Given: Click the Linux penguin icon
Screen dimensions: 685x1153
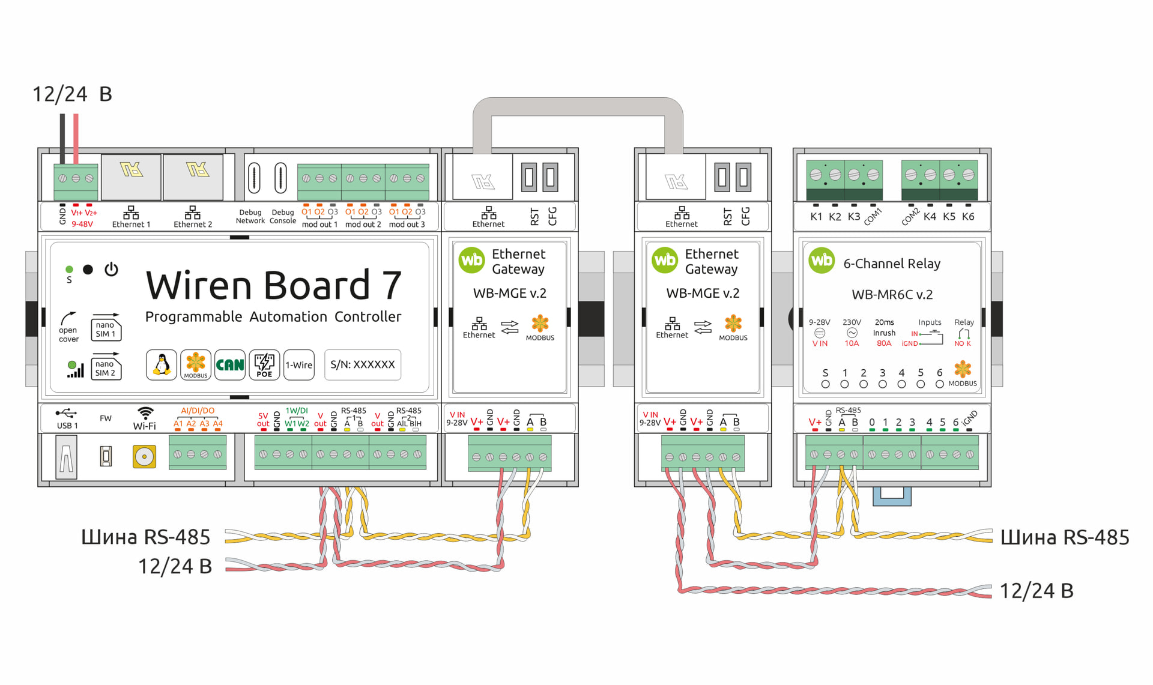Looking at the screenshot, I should pyautogui.click(x=162, y=364).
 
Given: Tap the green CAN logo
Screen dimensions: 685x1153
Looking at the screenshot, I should pyautogui.click(x=230, y=364).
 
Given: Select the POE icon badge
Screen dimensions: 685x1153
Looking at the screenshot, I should pyautogui.click(x=264, y=364).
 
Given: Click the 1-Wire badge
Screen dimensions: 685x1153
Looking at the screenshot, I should pyautogui.click(x=298, y=364).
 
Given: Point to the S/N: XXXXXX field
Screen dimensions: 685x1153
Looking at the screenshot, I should pyautogui.click(x=363, y=364).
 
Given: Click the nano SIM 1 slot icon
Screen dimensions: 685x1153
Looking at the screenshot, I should pyautogui.click(x=106, y=328).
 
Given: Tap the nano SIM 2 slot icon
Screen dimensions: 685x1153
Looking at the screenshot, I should pyautogui.click(x=106, y=367).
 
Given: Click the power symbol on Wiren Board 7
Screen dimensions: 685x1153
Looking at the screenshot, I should pyautogui.click(x=111, y=270).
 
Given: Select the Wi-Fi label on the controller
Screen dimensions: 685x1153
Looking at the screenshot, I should pyautogui.click(x=144, y=426).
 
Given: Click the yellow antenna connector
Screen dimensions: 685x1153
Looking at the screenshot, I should pyautogui.click(x=144, y=457).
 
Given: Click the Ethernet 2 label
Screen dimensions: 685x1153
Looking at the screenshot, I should pyautogui.click(x=193, y=225).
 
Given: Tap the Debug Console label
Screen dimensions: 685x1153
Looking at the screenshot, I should pyautogui.click(x=283, y=217).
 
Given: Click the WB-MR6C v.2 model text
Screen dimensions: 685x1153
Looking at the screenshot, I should pyautogui.click(x=892, y=295).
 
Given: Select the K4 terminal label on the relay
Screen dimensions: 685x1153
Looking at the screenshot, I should pyautogui.click(x=930, y=217).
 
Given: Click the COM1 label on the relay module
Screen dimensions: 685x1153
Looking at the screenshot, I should pyautogui.click(x=873, y=217).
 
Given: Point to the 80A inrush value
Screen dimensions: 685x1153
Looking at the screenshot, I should pyautogui.click(x=884, y=343).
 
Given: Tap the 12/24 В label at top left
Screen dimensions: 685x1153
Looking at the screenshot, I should pyautogui.click(x=72, y=94).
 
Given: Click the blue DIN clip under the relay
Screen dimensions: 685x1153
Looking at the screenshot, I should pyautogui.click(x=892, y=496).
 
